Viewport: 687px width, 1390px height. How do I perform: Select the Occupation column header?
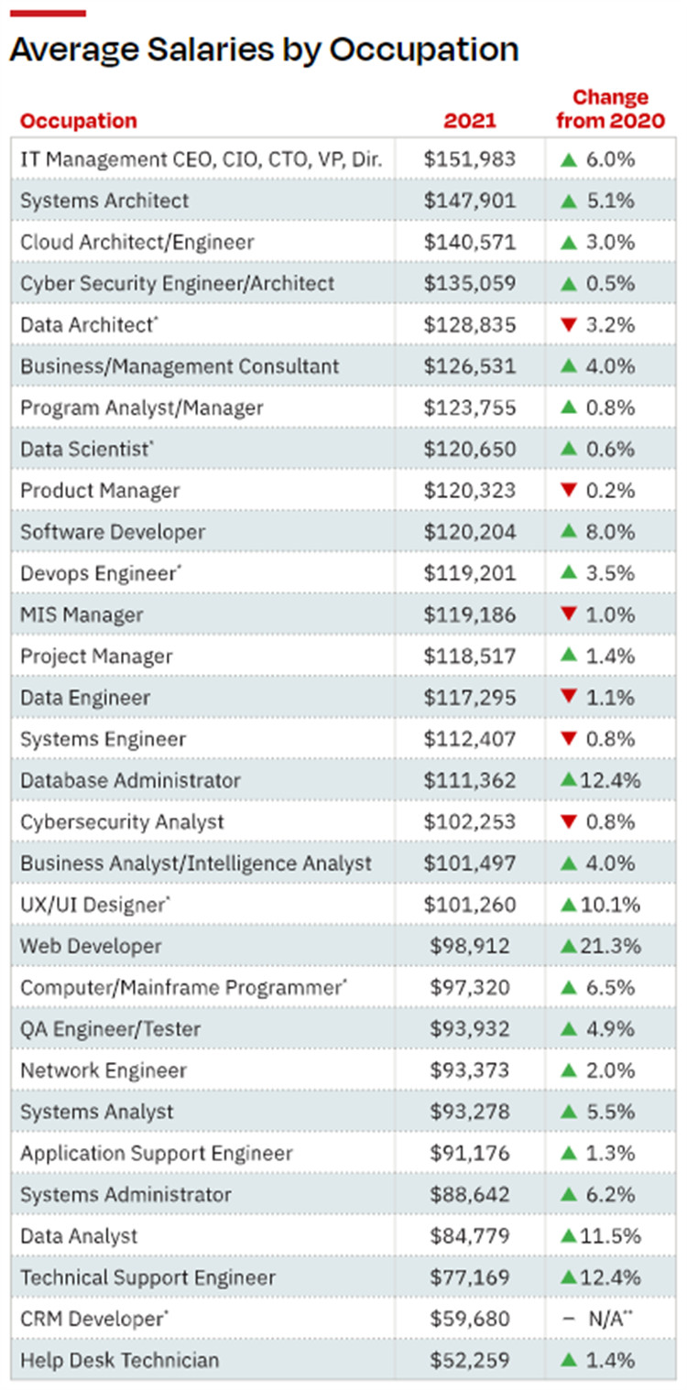click(79, 121)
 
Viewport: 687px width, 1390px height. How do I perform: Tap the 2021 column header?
click(470, 121)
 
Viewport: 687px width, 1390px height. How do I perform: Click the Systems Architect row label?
click(104, 201)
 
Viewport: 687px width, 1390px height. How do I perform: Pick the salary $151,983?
click(470, 159)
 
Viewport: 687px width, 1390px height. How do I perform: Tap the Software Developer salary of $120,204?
click(470, 532)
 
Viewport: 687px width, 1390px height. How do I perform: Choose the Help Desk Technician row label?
click(120, 1360)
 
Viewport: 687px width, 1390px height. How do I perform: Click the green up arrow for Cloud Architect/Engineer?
click(569, 243)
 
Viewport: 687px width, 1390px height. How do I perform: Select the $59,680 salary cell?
click(470, 1319)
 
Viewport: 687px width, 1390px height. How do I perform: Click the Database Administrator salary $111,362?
click(470, 780)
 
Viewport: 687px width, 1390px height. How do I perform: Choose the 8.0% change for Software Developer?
click(610, 532)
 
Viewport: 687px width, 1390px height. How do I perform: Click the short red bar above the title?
click(48, 14)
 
